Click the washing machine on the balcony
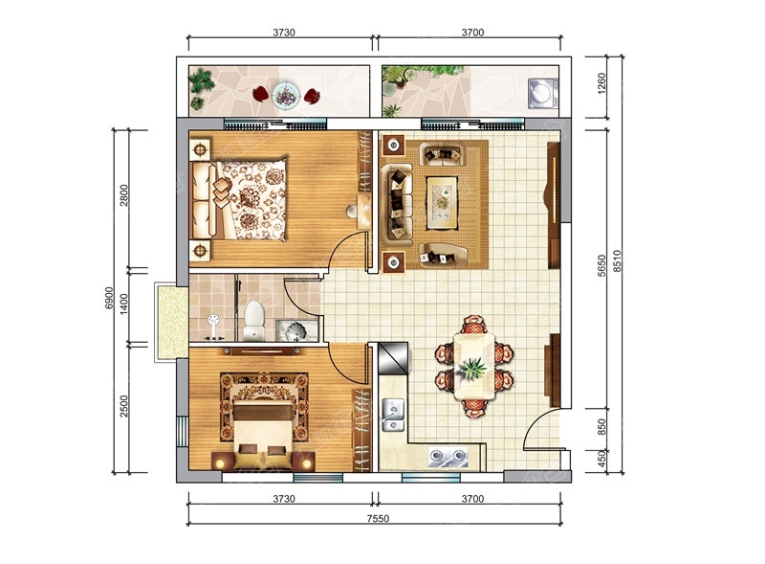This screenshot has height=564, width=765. click(x=543, y=93)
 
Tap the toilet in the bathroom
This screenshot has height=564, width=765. click(x=253, y=321)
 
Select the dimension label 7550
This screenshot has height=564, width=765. click(x=378, y=519)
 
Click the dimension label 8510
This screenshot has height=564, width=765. click(x=617, y=260)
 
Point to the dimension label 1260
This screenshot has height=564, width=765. click(x=601, y=83)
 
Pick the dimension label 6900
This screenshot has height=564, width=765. click(x=109, y=298)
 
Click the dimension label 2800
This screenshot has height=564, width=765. click(x=124, y=195)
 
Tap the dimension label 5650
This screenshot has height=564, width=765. click(x=601, y=265)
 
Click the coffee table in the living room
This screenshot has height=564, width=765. click(x=442, y=203)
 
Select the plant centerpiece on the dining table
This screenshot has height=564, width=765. click(x=471, y=368)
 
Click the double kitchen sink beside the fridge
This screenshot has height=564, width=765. click(x=393, y=415)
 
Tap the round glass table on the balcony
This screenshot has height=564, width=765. click(x=286, y=95)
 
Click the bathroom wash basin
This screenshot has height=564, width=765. click(x=296, y=331)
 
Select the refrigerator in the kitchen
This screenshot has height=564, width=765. click(x=393, y=358)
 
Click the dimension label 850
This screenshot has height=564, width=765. click(x=601, y=427)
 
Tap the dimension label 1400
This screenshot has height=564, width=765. click(x=124, y=304)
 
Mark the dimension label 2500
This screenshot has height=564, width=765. click(x=124, y=406)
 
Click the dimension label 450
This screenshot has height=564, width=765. click(x=601, y=459)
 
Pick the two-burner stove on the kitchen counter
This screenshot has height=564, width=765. click(x=448, y=457)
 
